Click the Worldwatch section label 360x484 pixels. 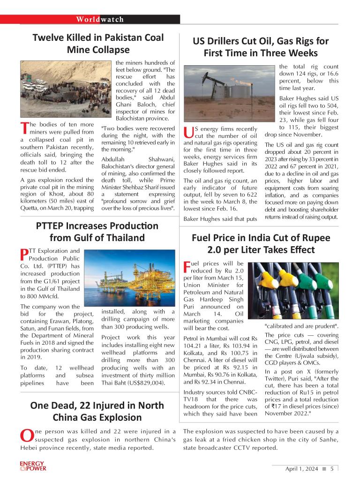click(100, 19)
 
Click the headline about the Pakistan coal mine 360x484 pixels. click(98, 43)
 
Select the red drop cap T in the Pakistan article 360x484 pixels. click(25, 128)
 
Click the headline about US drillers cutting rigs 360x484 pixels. click(261, 47)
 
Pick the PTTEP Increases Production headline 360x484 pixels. click(97, 231)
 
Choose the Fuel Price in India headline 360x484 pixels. click(261, 243)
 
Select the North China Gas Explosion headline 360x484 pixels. click(97, 411)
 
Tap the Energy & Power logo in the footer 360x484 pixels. click(33, 467)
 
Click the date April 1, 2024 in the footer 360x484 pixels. click(301, 469)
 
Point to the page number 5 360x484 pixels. click(332, 469)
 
